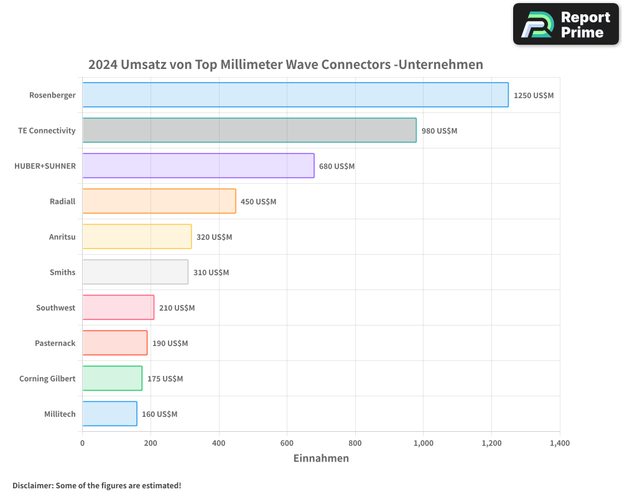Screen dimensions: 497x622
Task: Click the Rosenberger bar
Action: [295, 95]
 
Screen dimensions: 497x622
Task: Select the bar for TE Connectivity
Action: [249, 130]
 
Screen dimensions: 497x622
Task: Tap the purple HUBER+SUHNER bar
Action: [198, 166]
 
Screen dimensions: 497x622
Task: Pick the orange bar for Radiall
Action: [159, 201]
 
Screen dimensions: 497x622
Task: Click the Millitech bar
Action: [109, 414]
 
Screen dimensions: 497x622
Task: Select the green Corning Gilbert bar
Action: [112, 378]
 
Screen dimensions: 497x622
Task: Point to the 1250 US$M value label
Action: [533, 96]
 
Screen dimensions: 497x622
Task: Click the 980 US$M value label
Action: [439, 131]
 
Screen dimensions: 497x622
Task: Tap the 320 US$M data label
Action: [214, 237]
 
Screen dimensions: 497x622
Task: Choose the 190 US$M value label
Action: [170, 344]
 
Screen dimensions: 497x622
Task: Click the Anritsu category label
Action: [62, 237]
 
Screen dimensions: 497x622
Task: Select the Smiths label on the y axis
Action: [62, 272]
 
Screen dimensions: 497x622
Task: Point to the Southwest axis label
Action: [55, 308]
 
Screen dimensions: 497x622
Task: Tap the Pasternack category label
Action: [55, 343]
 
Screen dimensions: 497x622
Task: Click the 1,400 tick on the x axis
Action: [559, 443]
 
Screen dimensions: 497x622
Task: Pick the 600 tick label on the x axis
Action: [287, 443]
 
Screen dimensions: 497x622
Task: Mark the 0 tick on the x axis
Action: [82, 443]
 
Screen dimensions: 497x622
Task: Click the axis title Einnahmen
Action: [321, 458]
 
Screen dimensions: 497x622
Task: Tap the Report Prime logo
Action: [565, 24]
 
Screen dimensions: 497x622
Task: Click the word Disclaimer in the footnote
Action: [32, 485]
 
